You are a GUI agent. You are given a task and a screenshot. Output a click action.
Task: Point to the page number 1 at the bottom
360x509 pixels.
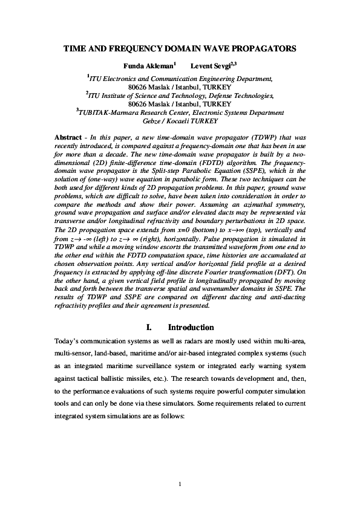180,484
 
